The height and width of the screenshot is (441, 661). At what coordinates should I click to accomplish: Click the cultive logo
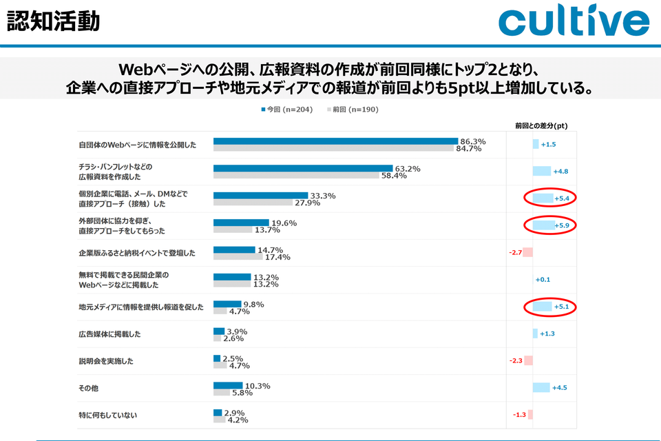(574, 22)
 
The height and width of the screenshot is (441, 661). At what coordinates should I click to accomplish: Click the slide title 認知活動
(53, 21)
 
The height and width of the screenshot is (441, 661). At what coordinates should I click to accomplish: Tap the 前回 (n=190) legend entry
(351, 109)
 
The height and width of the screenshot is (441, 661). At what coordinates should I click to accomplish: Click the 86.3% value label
(473, 141)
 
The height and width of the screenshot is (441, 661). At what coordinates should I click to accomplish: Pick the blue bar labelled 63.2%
(303, 168)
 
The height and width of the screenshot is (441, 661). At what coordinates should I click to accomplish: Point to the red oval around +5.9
(549, 225)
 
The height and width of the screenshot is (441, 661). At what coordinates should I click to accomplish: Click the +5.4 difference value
(564, 198)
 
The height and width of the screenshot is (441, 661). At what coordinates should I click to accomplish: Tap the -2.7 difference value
(515, 253)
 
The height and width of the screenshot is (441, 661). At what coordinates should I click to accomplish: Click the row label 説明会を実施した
(106, 361)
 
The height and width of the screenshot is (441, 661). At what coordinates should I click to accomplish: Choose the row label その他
(88, 388)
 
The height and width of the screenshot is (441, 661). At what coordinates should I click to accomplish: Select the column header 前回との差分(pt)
(541, 125)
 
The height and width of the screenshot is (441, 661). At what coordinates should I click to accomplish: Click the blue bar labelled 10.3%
(228, 385)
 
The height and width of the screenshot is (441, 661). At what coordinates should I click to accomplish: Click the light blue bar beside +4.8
(541, 171)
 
